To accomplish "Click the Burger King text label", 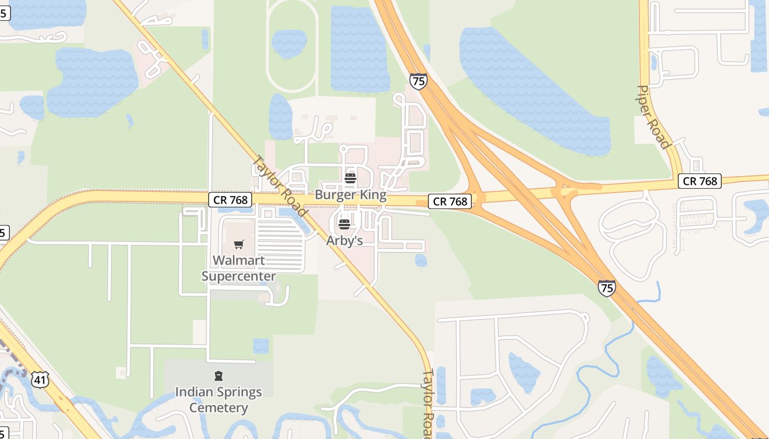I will [x=350, y=195].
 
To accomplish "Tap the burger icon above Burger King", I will [x=350, y=178].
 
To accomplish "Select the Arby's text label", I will [x=344, y=240].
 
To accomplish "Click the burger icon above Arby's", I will [x=344, y=224].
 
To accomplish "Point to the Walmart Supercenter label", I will [x=238, y=268].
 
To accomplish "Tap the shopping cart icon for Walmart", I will [x=238, y=244].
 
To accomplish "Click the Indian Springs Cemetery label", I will [x=219, y=399].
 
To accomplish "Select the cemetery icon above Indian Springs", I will [x=219, y=376].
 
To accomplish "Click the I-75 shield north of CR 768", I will [x=418, y=81].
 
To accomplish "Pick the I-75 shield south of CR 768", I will [x=607, y=288].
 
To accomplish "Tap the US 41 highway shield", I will [x=40, y=379].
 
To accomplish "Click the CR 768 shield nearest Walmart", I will [x=230, y=200].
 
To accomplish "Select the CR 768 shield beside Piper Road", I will [x=699, y=181].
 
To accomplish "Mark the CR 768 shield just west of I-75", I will [x=450, y=201].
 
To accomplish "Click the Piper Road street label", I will [x=654, y=117].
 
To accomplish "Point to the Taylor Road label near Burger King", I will [x=280, y=185].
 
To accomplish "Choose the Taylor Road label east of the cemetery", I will [x=428, y=403].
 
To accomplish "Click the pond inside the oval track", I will [x=289, y=43].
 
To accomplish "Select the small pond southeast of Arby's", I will [x=421, y=260].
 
